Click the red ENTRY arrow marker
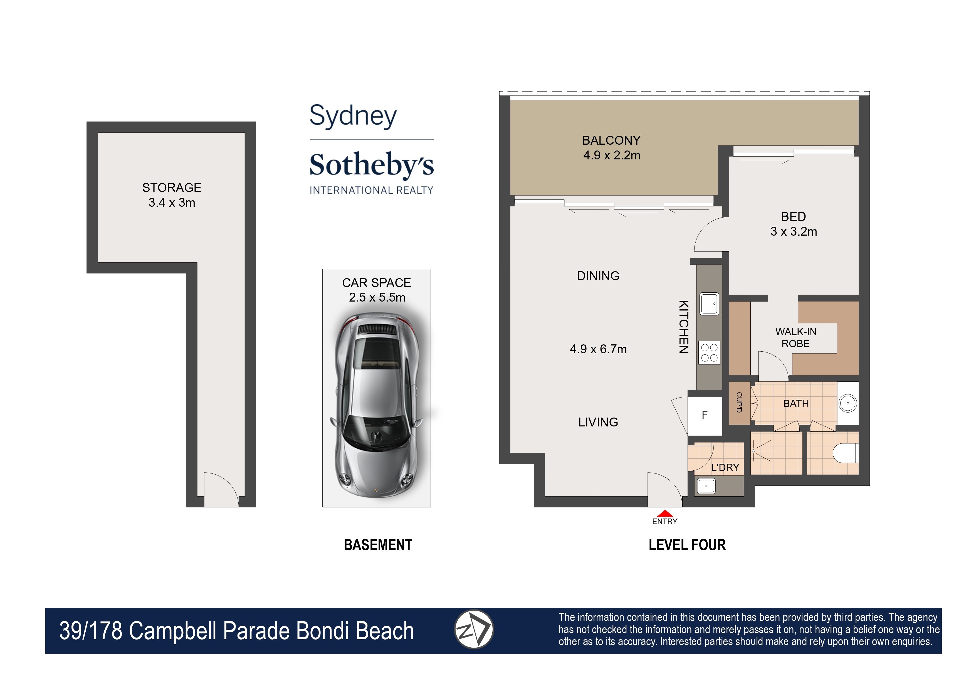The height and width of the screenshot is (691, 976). click(664, 514)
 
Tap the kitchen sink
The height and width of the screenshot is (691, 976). click(709, 304)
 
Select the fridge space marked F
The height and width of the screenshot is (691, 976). click(705, 415)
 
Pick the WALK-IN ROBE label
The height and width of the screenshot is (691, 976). click(795, 337)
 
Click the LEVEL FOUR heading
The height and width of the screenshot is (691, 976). click(687, 545)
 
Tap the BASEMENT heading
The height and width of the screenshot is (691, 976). click(378, 545)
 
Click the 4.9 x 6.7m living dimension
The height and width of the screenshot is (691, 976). click(598, 349)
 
